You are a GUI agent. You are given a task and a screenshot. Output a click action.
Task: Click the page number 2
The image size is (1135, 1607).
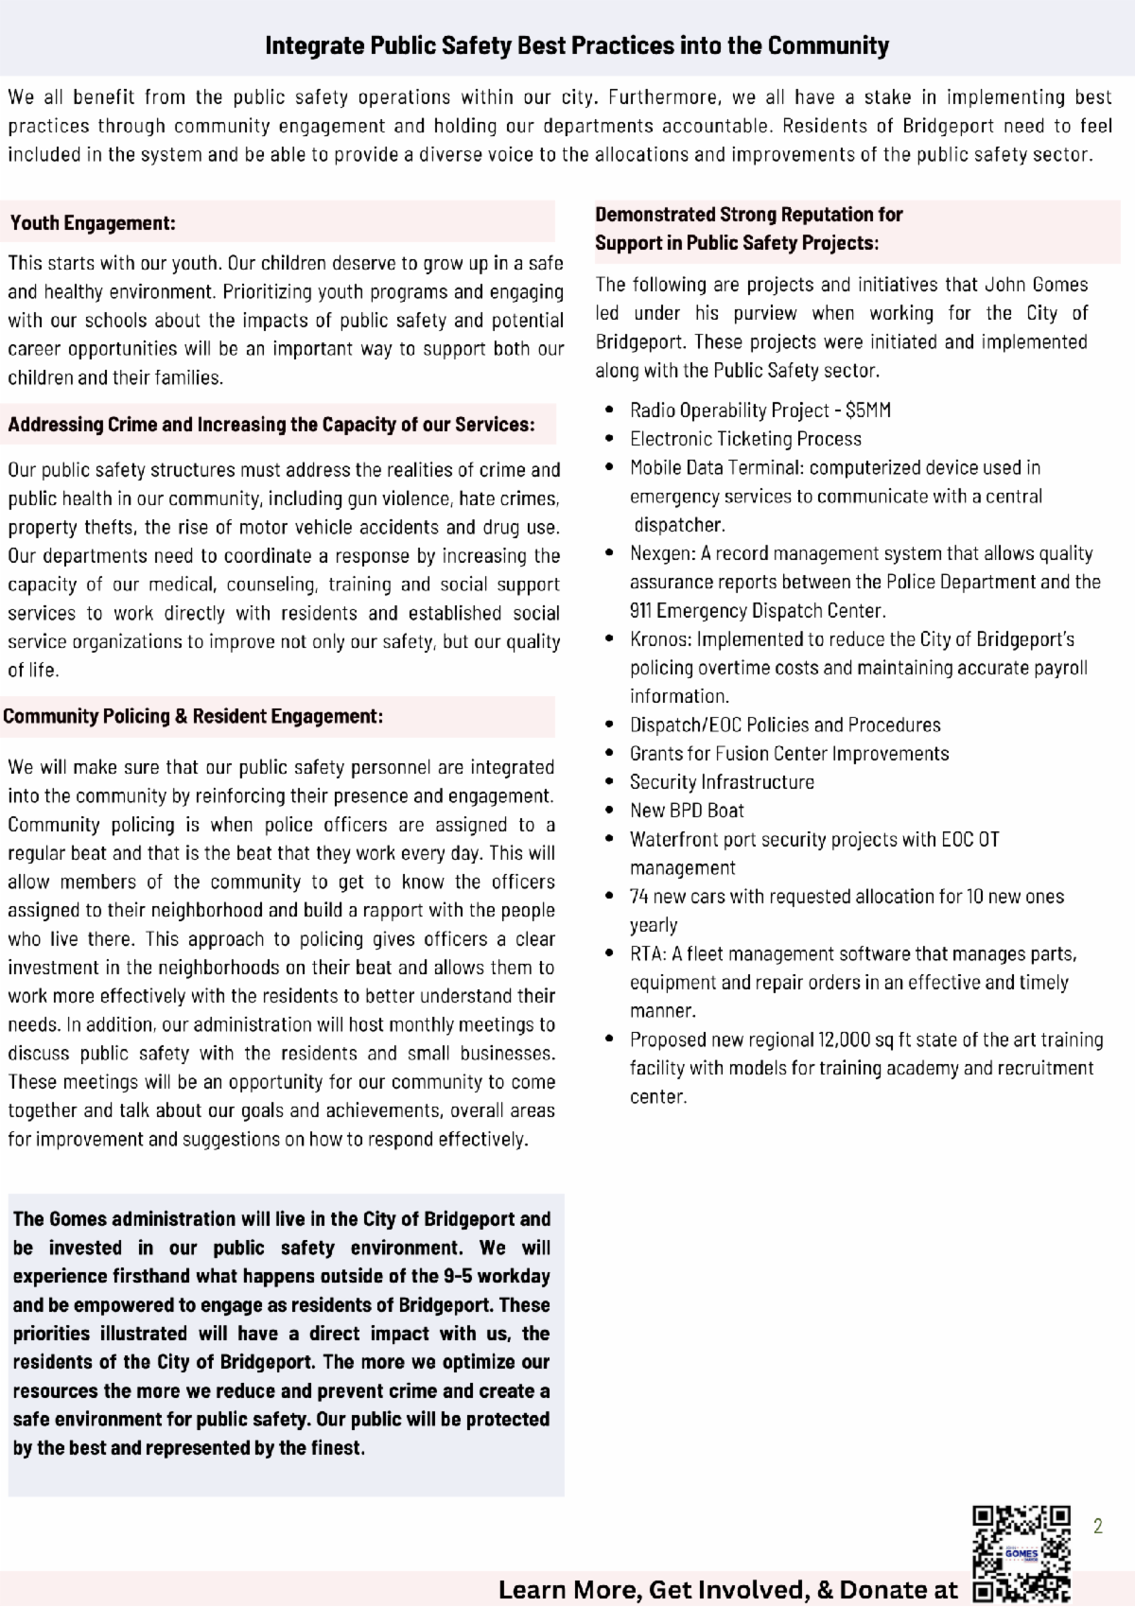click(x=1097, y=1526)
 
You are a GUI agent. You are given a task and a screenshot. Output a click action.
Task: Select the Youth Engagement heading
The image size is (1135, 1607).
click(x=93, y=223)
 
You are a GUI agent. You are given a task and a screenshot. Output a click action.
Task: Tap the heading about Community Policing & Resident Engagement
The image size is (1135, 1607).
click(x=193, y=716)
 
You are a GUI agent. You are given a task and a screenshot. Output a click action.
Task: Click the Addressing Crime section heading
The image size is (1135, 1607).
click(x=271, y=425)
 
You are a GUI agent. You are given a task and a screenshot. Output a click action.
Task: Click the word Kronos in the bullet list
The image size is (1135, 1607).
click(x=660, y=639)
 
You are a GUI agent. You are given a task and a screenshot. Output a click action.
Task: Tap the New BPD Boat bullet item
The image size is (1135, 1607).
click(x=687, y=811)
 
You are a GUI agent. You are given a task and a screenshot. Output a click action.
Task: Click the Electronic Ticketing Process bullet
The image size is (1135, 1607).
click(x=745, y=439)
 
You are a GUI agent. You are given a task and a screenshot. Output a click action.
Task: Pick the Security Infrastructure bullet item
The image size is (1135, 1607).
click(x=722, y=782)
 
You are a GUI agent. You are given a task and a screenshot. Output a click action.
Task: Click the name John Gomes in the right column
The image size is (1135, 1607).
click(x=1037, y=285)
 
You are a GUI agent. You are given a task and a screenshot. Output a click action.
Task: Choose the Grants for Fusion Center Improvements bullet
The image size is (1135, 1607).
click(x=789, y=754)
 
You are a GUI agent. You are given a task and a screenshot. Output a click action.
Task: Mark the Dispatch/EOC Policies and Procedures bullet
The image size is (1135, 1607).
click(x=785, y=725)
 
